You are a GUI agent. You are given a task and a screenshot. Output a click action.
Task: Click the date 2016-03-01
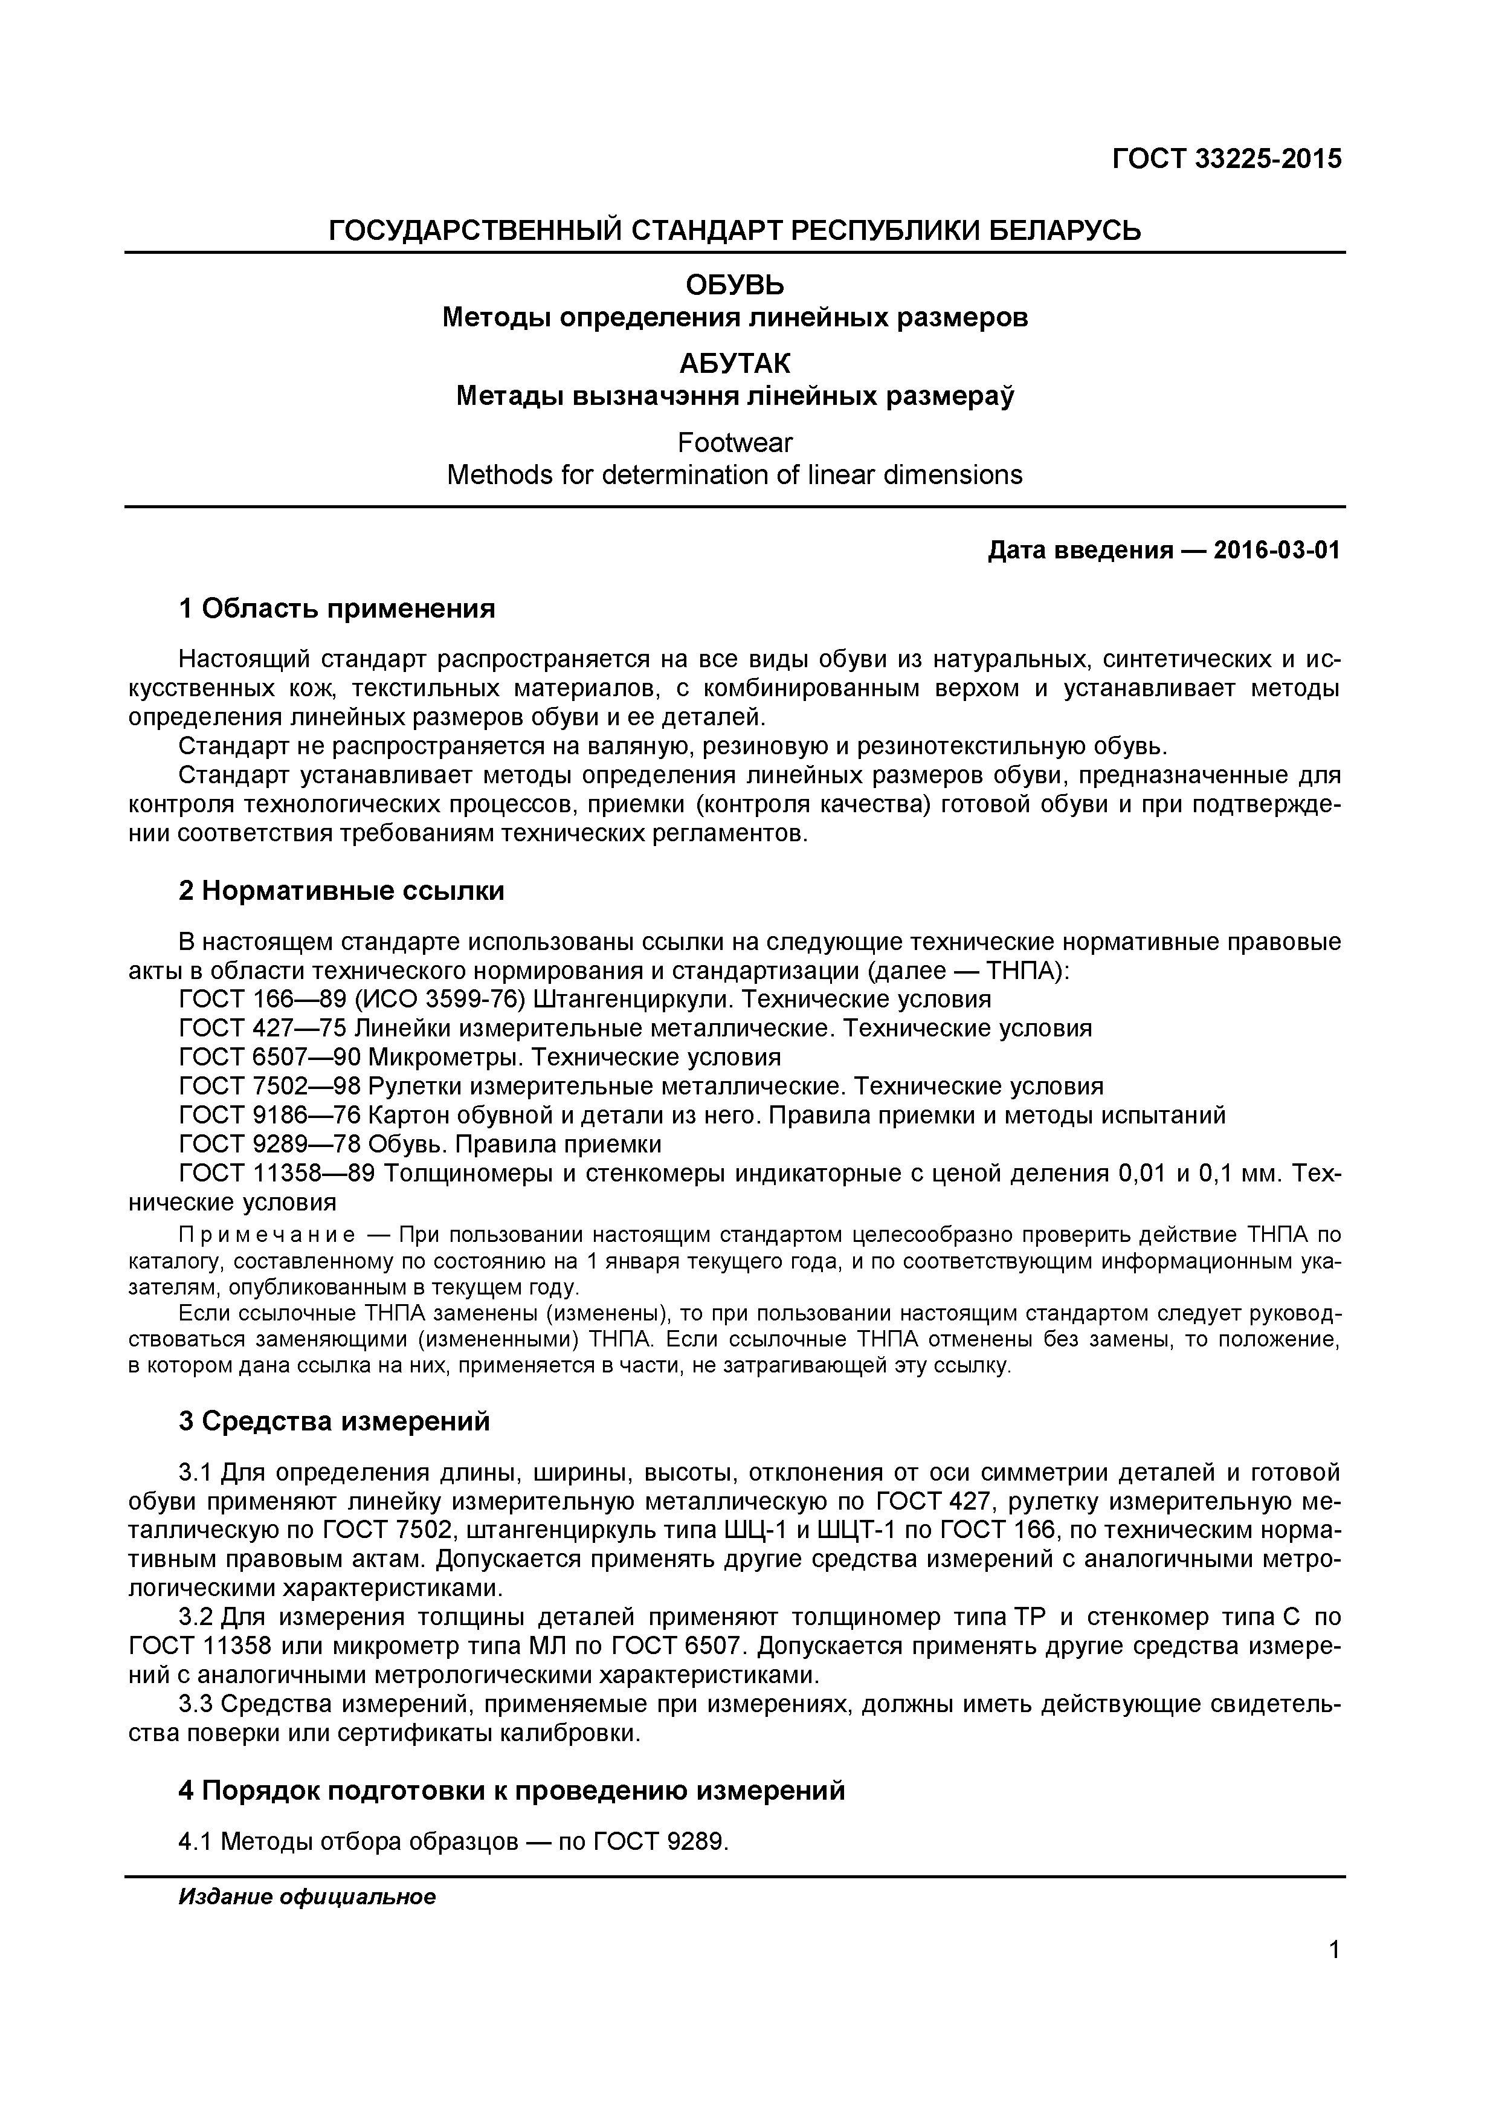point(1277,551)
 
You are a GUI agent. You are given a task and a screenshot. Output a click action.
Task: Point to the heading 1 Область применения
point(337,609)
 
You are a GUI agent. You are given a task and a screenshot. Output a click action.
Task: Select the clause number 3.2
point(196,1618)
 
